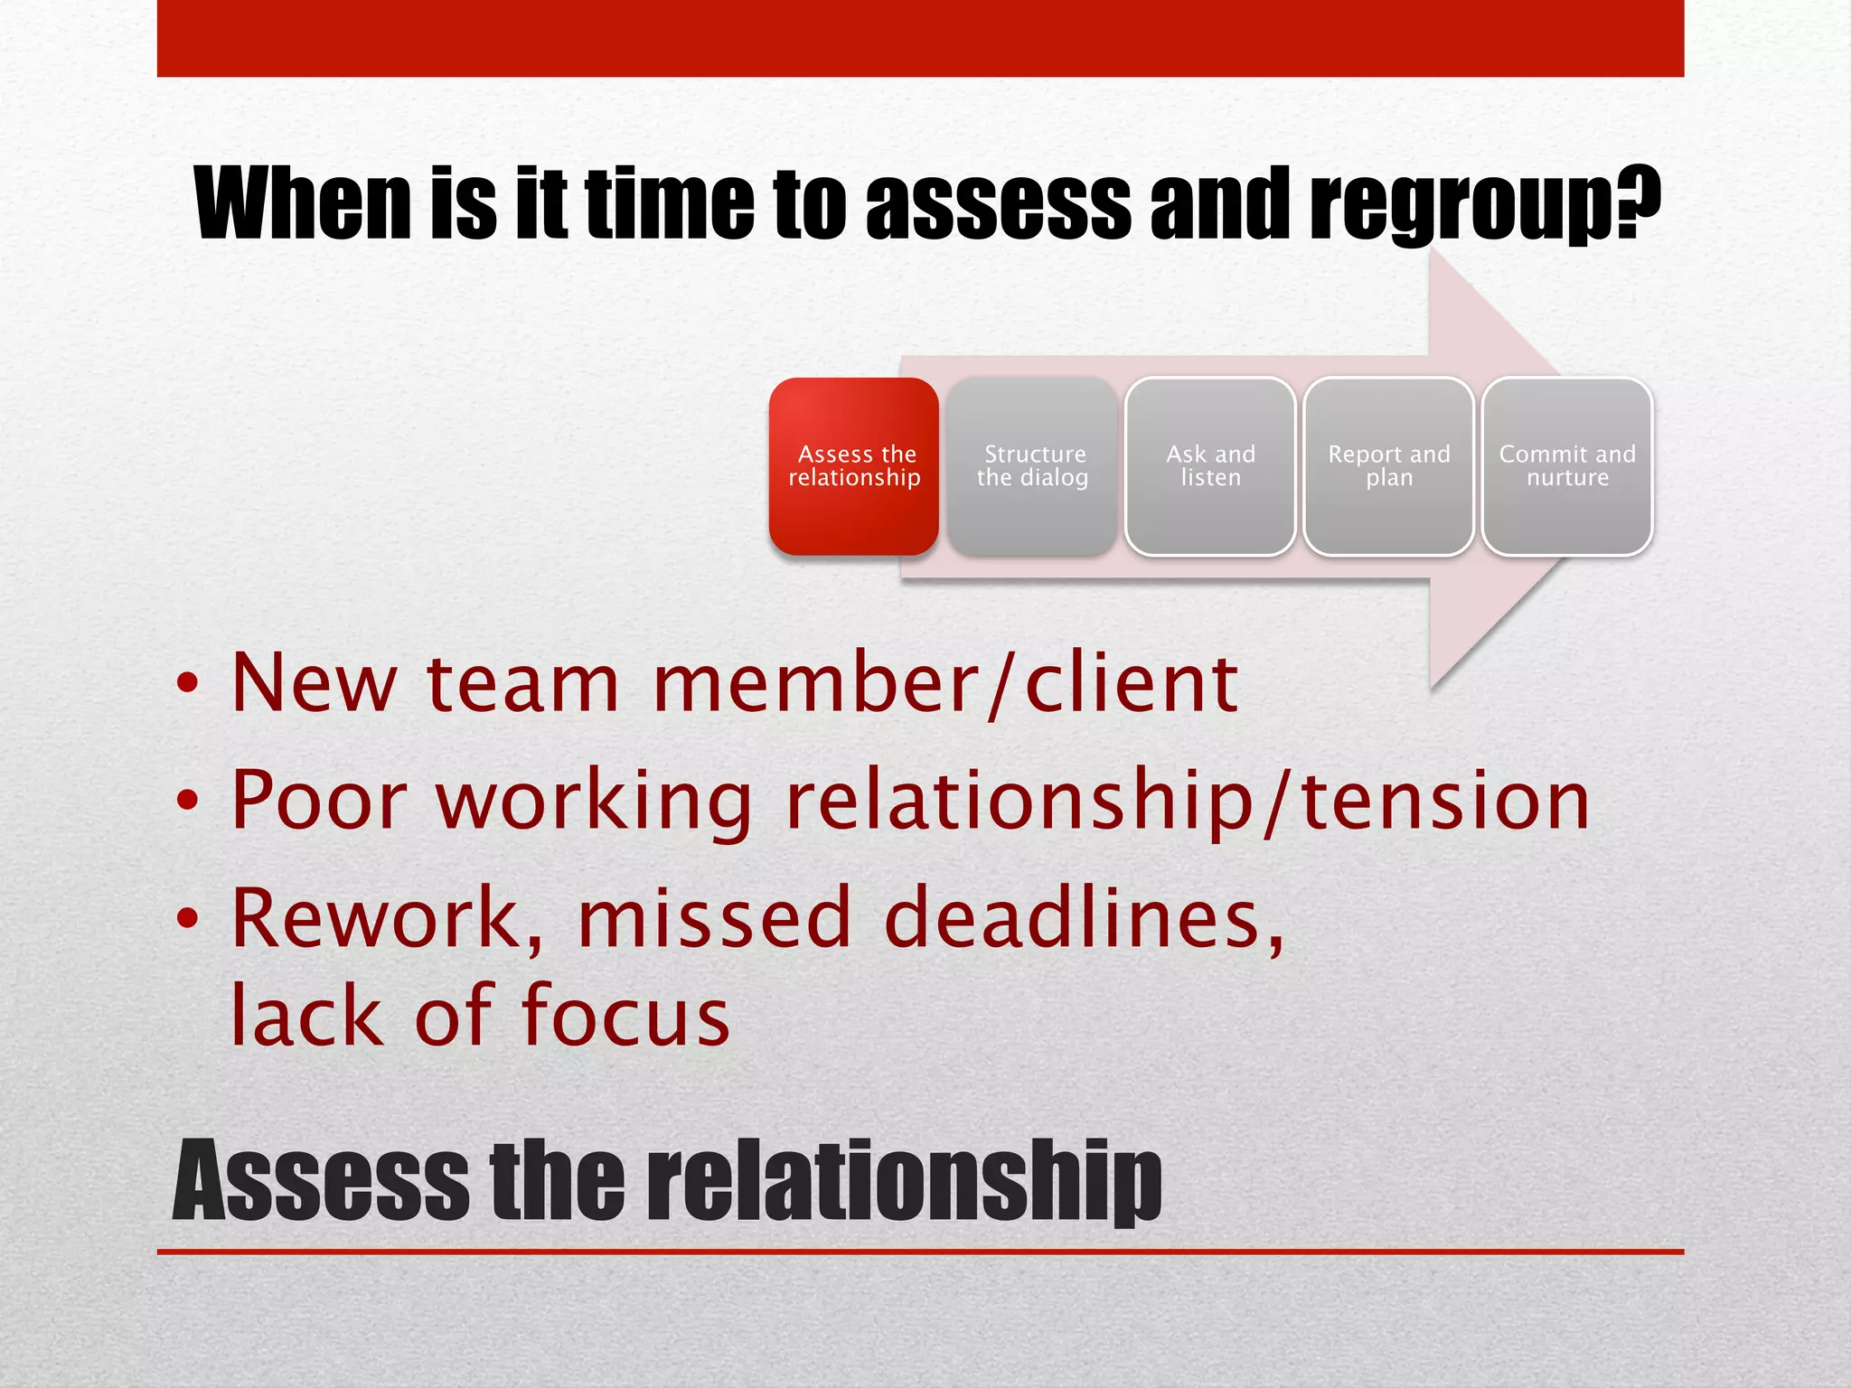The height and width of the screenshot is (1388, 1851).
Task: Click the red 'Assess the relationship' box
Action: (x=853, y=466)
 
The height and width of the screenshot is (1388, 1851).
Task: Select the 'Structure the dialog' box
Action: (x=1032, y=466)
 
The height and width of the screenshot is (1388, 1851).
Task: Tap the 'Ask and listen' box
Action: (x=1210, y=466)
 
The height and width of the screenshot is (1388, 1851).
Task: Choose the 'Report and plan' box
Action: (x=1388, y=466)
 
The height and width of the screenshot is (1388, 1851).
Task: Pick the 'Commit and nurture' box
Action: (x=1567, y=466)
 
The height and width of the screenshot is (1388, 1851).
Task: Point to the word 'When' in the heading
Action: (x=303, y=203)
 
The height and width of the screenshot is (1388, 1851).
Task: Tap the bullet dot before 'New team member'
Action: (x=187, y=684)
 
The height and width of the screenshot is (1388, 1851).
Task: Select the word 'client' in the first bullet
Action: (x=1131, y=684)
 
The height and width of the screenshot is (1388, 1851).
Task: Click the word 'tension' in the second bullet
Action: (x=1445, y=802)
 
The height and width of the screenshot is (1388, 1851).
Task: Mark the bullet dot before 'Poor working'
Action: (x=187, y=801)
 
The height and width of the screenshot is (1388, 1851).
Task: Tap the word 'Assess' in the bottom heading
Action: (x=321, y=1182)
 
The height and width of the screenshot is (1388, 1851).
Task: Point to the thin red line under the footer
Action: (x=920, y=1252)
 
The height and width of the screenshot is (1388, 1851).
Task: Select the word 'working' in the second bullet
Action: (x=594, y=802)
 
